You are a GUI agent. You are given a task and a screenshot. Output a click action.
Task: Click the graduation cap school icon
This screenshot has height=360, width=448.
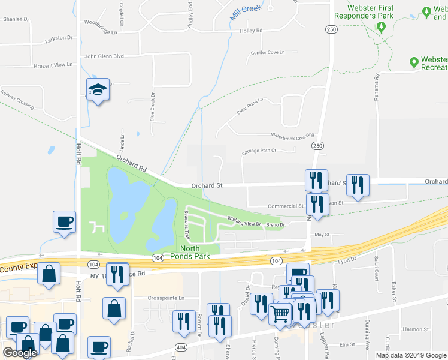click(x=98, y=90)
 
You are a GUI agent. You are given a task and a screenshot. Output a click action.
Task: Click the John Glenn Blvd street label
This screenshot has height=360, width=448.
click(x=104, y=56)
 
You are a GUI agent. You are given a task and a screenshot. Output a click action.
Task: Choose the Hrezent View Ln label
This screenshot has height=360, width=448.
click(x=53, y=64)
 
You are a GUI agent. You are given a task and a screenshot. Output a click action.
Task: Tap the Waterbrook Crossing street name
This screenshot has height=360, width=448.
click(x=293, y=137)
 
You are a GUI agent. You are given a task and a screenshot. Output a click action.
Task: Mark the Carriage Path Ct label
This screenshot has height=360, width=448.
click(x=259, y=151)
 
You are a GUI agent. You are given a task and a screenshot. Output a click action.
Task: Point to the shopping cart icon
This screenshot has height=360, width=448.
click(x=280, y=313)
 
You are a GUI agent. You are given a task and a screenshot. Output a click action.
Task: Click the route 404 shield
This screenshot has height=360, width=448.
click(x=180, y=347)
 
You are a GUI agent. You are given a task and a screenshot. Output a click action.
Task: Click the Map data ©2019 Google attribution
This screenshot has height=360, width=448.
click(x=411, y=355)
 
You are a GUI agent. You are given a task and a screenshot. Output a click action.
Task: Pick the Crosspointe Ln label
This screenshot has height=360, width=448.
click(x=166, y=298)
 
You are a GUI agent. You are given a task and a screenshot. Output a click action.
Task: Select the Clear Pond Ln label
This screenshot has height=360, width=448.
click(x=250, y=106)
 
